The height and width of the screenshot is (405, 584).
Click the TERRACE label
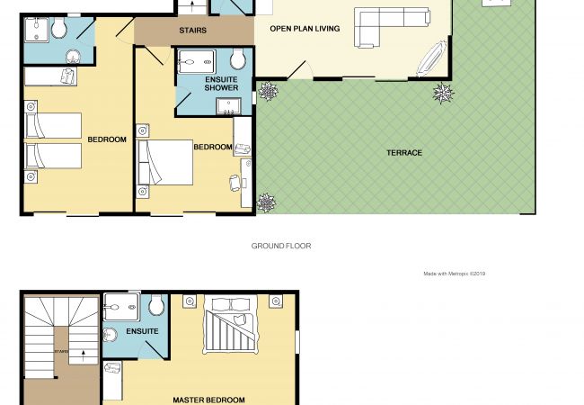pyautogui.click(x=404, y=153)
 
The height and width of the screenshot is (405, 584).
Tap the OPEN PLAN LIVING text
pyautogui.click(x=305, y=29)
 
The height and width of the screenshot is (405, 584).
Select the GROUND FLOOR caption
pyautogui.click(x=281, y=246)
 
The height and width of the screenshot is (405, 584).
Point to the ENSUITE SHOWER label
pyautogui.click(x=221, y=84)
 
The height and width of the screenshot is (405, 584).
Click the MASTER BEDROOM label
pyautogui.click(x=209, y=400)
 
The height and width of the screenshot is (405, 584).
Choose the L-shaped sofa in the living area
pyautogui.click(x=391, y=26)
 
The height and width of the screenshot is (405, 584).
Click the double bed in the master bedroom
pyautogui.click(x=231, y=324)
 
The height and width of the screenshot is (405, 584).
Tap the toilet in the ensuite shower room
pyautogui.click(x=238, y=58)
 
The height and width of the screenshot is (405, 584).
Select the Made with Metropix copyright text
pyautogui.click(x=454, y=274)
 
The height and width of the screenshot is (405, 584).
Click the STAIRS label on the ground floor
pyautogui.click(x=193, y=31)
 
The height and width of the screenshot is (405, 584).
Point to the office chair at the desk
pyautogui.click(x=234, y=183)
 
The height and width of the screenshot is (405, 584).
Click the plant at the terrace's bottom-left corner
pyautogui.click(x=266, y=203)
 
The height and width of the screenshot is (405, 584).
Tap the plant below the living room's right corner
pyautogui.click(x=443, y=94)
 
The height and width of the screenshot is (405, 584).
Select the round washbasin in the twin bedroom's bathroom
pyautogui.click(x=73, y=57)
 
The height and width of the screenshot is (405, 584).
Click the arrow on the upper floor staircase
pyautogui.click(x=84, y=355)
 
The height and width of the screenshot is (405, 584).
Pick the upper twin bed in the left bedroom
pyautogui.click(x=53, y=125)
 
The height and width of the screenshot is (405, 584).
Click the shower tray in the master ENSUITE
pyautogui.click(x=121, y=307)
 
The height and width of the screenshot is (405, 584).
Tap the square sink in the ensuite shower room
pyautogui.click(x=229, y=107)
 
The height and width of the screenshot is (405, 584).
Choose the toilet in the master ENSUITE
pyautogui.click(x=156, y=305)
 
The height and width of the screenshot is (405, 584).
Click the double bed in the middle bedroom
pyautogui.click(x=165, y=163)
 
